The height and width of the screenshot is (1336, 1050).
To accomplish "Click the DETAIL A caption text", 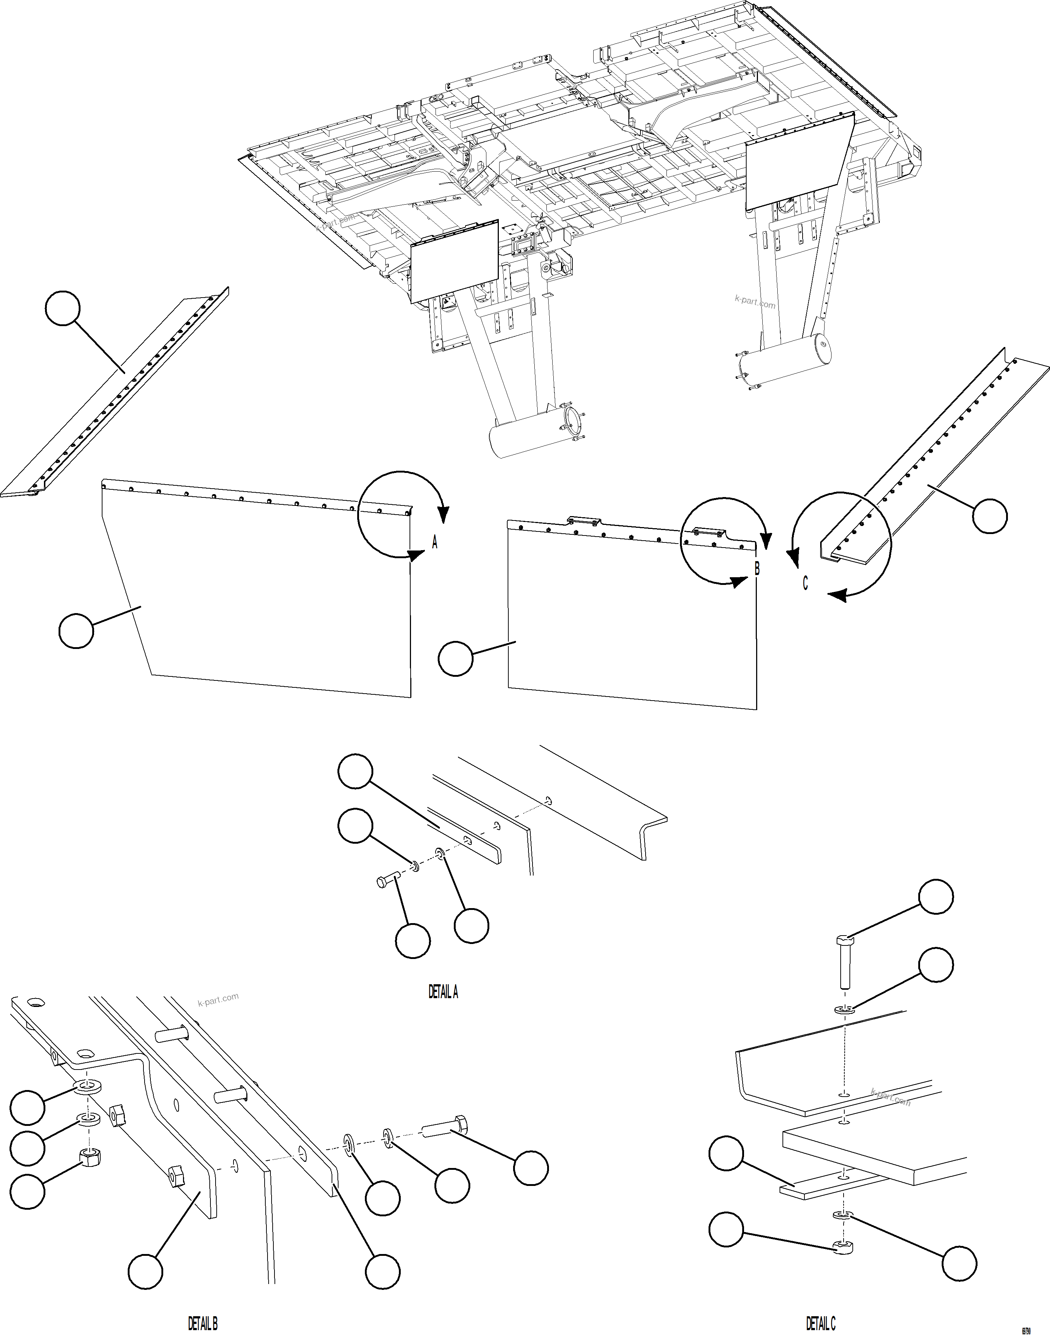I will pyautogui.click(x=443, y=992).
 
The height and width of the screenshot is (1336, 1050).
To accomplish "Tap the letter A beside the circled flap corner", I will pyautogui.click(x=435, y=542).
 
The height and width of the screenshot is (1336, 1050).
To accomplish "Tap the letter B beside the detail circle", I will pyautogui.click(x=757, y=569).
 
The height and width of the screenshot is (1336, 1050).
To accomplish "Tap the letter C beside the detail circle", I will pyautogui.click(x=805, y=583).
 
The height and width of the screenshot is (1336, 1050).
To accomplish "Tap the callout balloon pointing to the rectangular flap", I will pyautogui.click(x=456, y=658).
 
